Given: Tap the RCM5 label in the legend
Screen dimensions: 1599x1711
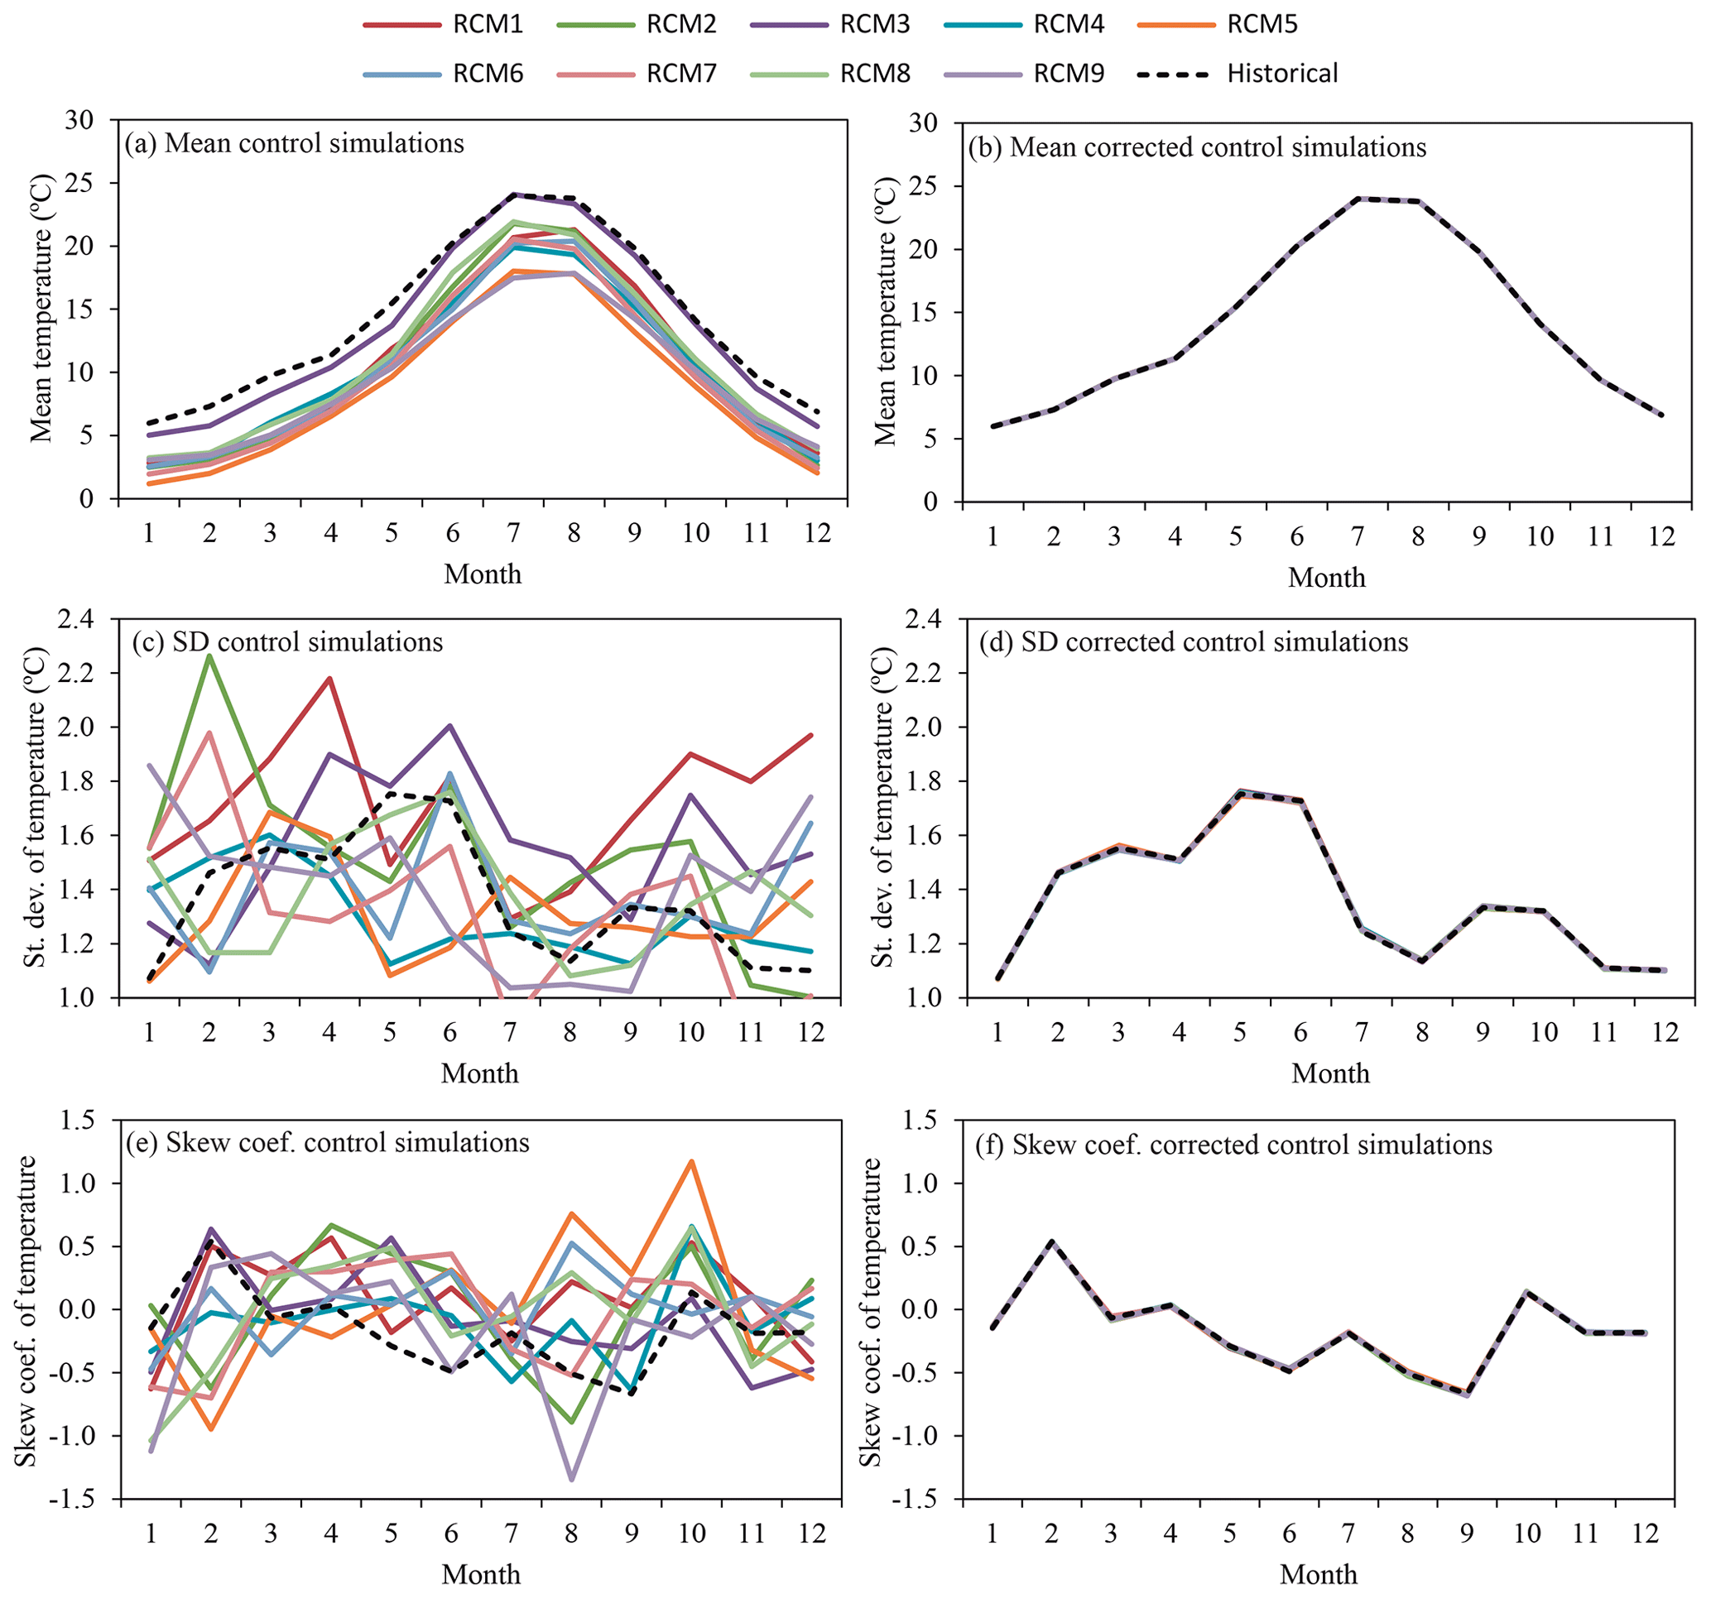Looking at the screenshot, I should (1262, 24).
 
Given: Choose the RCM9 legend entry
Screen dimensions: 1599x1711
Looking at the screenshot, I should (1068, 73).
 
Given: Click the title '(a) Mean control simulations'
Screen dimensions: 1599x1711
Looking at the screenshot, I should (295, 143).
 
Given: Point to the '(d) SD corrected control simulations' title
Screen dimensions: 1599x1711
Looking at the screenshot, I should (1194, 642).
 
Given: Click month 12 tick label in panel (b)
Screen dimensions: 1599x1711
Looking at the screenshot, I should (1661, 537).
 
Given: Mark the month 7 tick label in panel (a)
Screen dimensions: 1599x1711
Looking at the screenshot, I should (512, 534).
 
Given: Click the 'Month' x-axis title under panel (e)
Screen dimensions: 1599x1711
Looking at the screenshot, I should (481, 1574).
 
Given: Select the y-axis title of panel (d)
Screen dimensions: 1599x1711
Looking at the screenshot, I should (884, 806).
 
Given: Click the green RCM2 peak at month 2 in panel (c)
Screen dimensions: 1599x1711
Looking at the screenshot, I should (209, 655).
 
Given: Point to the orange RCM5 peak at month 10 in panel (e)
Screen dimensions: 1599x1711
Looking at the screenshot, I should (691, 1162).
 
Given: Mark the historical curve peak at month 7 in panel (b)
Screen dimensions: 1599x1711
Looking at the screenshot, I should (1358, 198).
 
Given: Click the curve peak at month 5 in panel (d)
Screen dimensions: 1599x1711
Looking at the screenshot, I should (1239, 794).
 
